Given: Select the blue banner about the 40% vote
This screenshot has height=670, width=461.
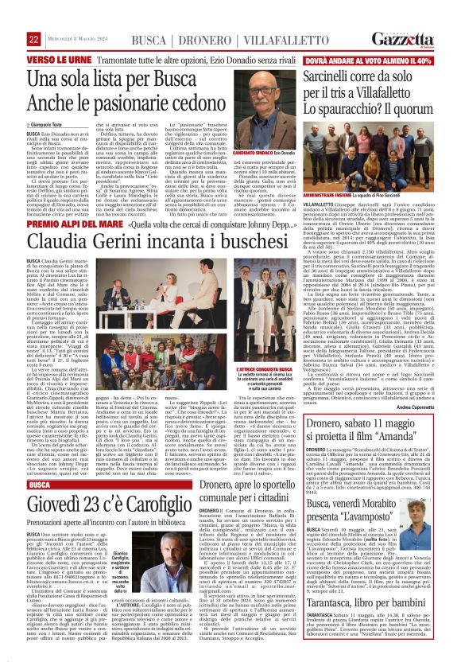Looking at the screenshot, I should click(x=367, y=60).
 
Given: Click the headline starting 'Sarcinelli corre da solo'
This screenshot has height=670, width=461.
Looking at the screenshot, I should click(x=367, y=86).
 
